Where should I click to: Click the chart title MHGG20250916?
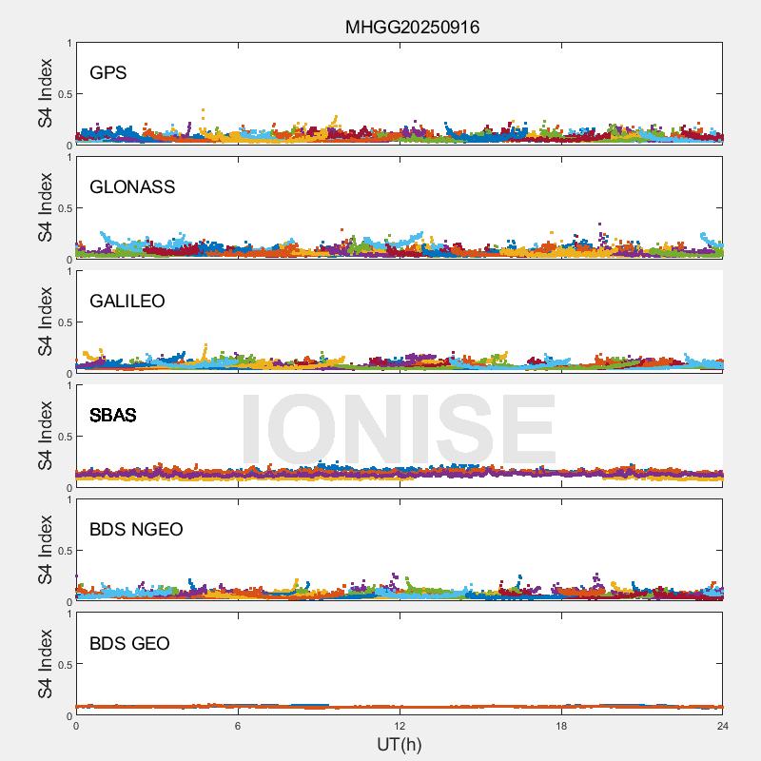(x=412, y=28)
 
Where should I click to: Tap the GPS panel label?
(x=107, y=72)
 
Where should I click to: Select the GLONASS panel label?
(x=132, y=186)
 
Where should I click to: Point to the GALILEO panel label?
(x=127, y=301)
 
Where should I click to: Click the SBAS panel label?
(x=112, y=415)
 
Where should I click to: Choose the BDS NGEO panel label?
(x=136, y=529)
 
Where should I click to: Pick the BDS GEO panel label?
(x=129, y=643)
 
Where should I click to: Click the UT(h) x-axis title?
(x=399, y=744)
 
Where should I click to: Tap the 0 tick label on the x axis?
(x=76, y=726)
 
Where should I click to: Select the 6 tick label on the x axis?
(x=238, y=726)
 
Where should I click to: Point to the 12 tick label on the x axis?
(x=400, y=726)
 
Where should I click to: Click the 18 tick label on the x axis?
(x=561, y=726)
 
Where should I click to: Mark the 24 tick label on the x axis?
(x=722, y=726)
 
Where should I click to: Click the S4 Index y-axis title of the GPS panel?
(x=46, y=93)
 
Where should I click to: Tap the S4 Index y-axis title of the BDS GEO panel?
(x=46, y=664)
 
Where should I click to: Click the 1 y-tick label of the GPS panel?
(x=68, y=43)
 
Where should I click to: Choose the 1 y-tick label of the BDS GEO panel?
(x=68, y=614)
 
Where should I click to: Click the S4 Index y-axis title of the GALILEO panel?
(x=46, y=322)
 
